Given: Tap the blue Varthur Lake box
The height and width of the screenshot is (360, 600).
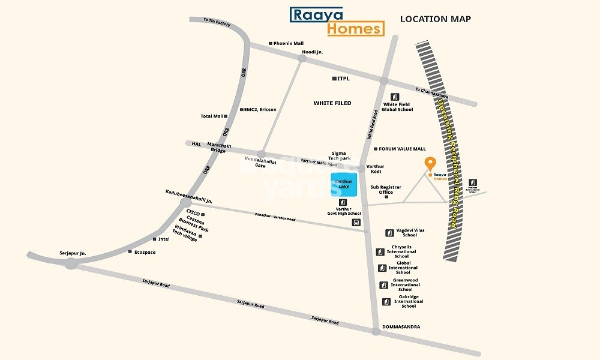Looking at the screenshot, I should click(344, 184).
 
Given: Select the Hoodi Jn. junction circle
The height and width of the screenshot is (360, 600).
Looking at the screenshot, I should click(302, 58).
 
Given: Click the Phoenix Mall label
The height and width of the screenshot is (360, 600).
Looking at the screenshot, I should click(289, 43).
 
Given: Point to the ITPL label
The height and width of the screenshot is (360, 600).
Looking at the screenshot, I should click(343, 79).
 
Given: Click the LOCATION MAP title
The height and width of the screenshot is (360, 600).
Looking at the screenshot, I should click(435, 19).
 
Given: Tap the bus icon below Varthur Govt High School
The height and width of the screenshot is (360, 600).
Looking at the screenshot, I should click(356, 223).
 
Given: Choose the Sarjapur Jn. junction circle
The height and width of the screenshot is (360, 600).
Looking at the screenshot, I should click(71, 263).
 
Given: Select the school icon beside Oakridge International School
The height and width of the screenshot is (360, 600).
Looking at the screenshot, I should click(386, 302).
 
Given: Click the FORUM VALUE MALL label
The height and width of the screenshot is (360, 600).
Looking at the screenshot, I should click(402, 149).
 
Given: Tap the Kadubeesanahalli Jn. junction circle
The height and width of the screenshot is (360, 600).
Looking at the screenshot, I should click(185, 202).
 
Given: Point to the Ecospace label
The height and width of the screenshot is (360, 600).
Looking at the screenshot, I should click(145, 252).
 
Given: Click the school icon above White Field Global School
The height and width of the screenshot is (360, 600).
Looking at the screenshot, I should click(394, 97).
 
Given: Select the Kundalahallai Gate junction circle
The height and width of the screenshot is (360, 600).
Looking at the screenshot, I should click(261, 154).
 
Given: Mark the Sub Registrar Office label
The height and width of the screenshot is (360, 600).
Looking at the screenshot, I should click(386, 190).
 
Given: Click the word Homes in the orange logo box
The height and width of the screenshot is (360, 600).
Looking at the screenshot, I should click(355, 28).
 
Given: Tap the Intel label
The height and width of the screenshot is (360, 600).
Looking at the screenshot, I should click(164, 239).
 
